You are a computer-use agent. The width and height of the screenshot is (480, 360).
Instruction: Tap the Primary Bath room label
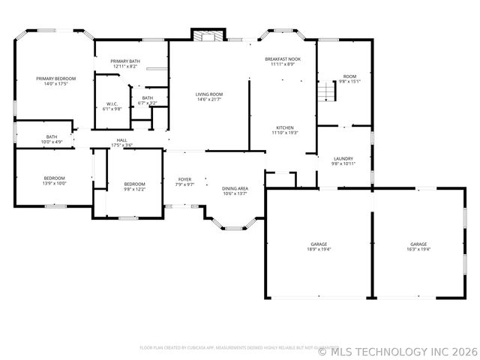(125, 64)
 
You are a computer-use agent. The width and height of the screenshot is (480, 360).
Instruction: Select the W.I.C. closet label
(112, 106)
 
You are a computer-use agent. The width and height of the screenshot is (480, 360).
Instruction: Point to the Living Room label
(209, 97)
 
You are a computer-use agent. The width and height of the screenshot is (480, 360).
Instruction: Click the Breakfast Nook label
(283, 61)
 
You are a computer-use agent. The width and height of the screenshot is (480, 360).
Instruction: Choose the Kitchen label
(284, 130)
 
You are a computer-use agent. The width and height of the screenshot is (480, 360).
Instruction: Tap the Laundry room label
(343, 161)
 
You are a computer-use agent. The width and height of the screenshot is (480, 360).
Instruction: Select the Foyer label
(184, 181)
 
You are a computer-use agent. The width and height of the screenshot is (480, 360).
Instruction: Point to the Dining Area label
(235, 190)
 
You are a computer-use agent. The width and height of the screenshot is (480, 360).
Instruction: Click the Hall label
(121, 142)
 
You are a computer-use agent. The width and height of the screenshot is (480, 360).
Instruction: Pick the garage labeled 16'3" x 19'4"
(418, 247)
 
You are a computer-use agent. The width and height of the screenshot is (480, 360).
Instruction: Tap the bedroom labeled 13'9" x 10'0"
(55, 180)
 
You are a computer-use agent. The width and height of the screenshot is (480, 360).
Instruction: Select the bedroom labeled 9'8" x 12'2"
(134, 187)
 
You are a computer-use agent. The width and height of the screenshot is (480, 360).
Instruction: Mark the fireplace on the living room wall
(207, 34)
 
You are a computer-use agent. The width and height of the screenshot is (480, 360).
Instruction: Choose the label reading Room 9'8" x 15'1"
(349, 79)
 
